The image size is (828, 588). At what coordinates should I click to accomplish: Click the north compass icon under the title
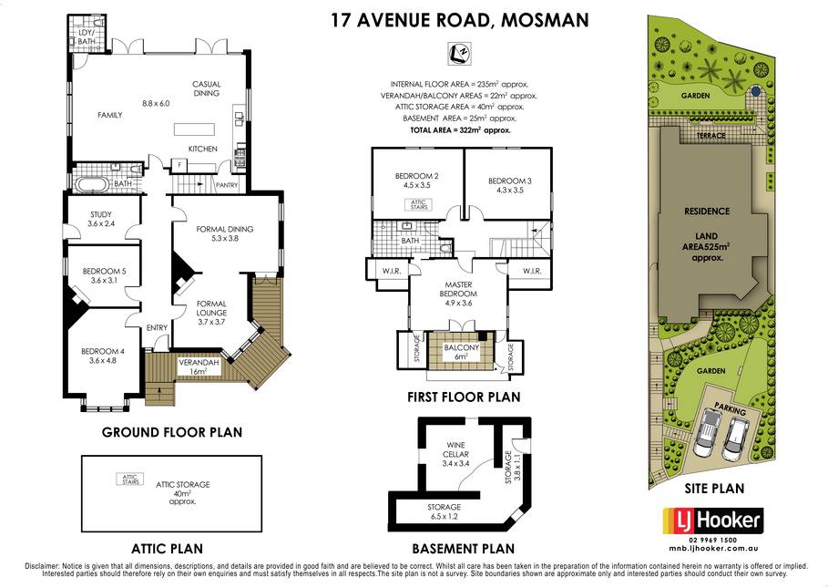click(x=459, y=54)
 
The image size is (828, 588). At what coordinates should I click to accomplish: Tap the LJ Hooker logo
click(x=713, y=521)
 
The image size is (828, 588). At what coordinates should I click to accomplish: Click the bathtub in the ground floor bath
click(x=91, y=184)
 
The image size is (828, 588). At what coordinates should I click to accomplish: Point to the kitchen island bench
click(x=194, y=129)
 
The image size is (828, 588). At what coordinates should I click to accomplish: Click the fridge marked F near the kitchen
click(x=179, y=165)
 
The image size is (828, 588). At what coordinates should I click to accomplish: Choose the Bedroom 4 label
click(x=103, y=356)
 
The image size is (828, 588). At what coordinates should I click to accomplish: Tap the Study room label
click(x=101, y=219)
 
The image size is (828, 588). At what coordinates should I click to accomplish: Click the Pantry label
click(x=227, y=185)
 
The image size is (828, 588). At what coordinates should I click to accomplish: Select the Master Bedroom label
click(x=458, y=294)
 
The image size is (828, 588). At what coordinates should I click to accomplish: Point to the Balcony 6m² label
click(x=462, y=352)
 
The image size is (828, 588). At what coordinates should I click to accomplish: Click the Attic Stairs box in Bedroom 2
click(x=419, y=204)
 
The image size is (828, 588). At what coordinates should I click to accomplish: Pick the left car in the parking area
click(x=706, y=433)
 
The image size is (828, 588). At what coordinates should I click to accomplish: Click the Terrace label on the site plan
click(x=710, y=136)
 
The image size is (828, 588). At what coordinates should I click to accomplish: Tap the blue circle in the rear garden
click(x=756, y=91)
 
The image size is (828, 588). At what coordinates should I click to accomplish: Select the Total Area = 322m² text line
click(x=461, y=130)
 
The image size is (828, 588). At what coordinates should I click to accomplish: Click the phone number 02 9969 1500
click(x=713, y=540)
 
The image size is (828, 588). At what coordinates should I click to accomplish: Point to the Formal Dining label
click(x=225, y=233)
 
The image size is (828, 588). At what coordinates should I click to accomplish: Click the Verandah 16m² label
click(x=199, y=367)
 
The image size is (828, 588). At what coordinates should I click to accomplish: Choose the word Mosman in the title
click(x=545, y=20)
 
